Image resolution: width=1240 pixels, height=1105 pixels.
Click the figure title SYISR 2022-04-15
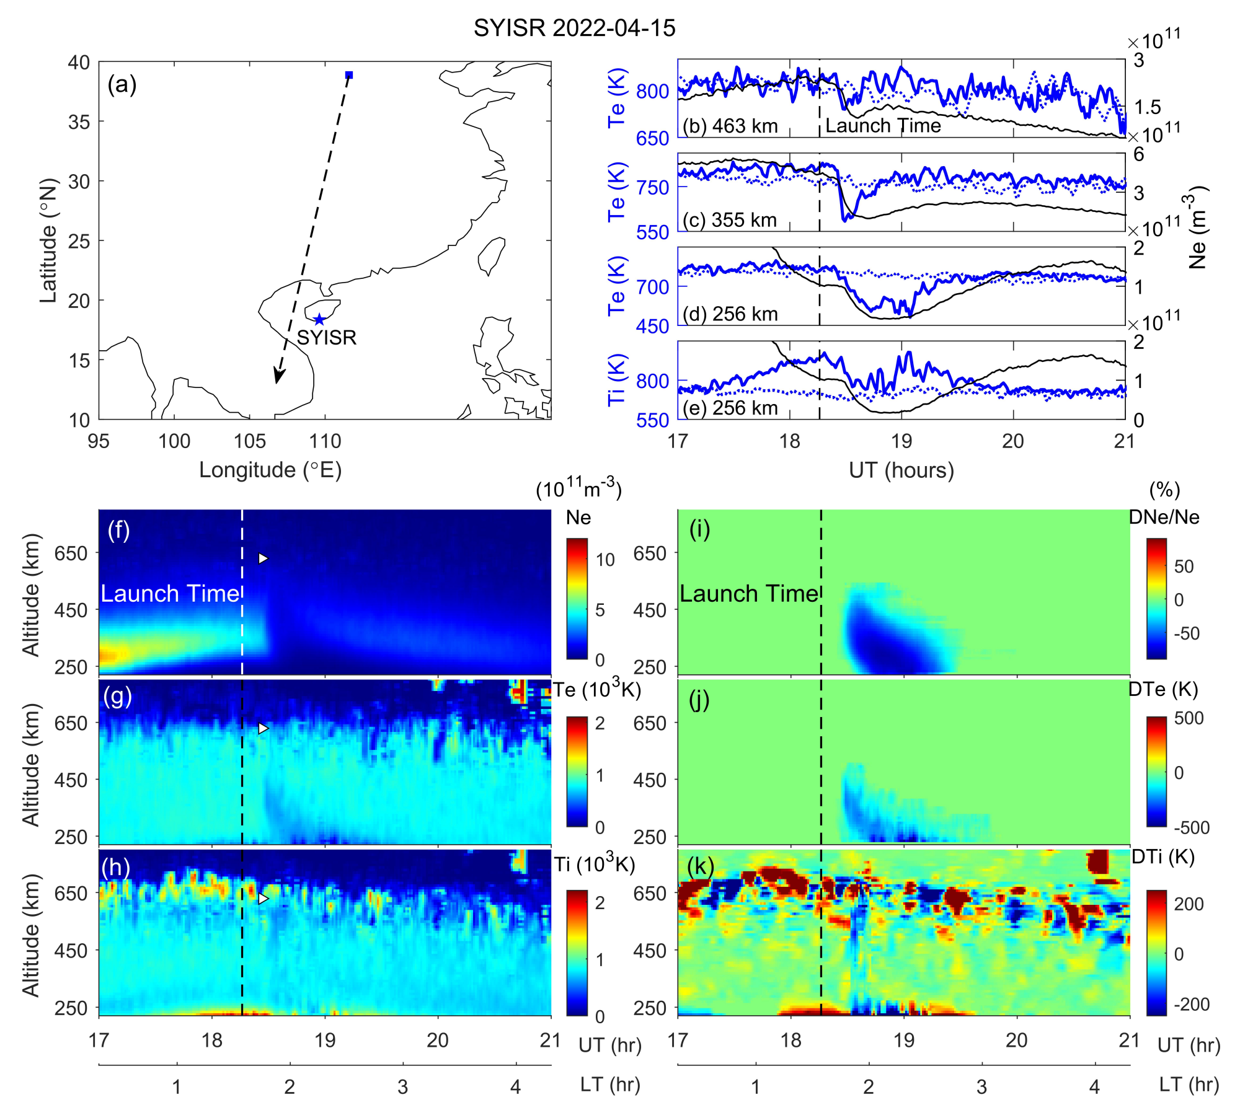(x=574, y=29)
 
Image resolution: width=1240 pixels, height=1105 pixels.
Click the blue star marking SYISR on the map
(x=319, y=320)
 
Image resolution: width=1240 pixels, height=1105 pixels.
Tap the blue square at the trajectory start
(x=349, y=75)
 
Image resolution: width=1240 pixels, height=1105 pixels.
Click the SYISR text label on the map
(x=327, y=338)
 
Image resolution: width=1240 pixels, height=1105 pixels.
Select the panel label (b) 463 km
(x=730, y=126)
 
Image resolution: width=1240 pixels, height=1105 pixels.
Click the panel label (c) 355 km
(x=730, y=220)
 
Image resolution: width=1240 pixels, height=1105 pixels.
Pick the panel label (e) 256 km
(x=730, y=408)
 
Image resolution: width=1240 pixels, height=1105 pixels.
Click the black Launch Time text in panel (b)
(x=883, y=126)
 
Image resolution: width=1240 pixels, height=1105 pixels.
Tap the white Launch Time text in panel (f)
(x=170, y=594)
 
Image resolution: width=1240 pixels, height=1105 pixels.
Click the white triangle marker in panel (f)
(x=263, y=558)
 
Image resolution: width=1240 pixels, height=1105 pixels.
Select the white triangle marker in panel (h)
(x=263, y=898)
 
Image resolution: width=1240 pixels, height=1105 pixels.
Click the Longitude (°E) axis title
(x=270, y=470)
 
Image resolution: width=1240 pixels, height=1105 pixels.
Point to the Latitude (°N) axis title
(x=48, y=240)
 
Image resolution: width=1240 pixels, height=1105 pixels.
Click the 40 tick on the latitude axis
(x=79, y=63)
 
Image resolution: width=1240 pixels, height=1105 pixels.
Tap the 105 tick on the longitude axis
(x=249, y=441)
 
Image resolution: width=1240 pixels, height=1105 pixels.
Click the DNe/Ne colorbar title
(x=1164, y=517)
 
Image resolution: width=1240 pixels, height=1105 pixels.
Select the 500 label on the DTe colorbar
(x=1189, y=718)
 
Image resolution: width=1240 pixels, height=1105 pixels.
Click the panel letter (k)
(x=700, y=866)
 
